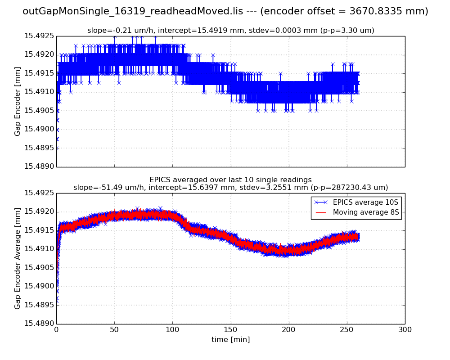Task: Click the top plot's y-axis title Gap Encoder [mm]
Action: pyautogui.click(x=18, y=101)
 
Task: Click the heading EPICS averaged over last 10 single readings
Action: pyautogui.click(x=230, y=180)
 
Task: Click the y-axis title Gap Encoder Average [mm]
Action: pyautogui.click(x=18, y=258)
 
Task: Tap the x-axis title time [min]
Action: pyautogui.click(x=230, y=340)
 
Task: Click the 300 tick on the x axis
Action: pyautogui.click(x=405, y=329)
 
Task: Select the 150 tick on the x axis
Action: pyautogui.click(x=230, y=329)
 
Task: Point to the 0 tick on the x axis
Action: pyautogui.click(x=56, y=329)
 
